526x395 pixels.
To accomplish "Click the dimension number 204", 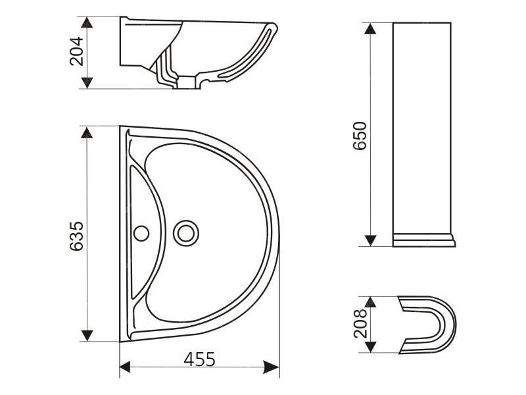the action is click(76, 51).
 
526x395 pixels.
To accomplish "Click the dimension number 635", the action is click(76, 236).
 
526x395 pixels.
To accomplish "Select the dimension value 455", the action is click(200, 359).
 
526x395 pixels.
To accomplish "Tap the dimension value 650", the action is click(360, 136).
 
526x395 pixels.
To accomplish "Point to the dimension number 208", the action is click(360, 323).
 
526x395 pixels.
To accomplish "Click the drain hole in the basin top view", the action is click(186, 233).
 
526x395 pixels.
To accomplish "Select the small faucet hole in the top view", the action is click(141, 234).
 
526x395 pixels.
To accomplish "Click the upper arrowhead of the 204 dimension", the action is click(87, 22).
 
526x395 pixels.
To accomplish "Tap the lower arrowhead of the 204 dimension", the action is click(87, 83).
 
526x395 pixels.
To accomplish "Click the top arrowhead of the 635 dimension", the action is click(87, 133).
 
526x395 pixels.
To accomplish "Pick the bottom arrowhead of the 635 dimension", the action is click(87, 336).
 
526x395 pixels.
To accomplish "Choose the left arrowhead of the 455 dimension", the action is click(125, 367).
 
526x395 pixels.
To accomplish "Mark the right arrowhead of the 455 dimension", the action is click(271, 367).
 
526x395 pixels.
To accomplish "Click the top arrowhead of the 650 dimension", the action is click(370, 29).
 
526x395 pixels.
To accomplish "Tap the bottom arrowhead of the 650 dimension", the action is click(370, 240).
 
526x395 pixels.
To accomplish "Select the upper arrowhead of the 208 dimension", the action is click(370, 302).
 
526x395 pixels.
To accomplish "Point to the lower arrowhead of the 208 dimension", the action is click(370, 347).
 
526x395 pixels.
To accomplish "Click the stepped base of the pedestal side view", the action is click(423, 240).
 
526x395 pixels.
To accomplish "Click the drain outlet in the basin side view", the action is click(187, 82).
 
